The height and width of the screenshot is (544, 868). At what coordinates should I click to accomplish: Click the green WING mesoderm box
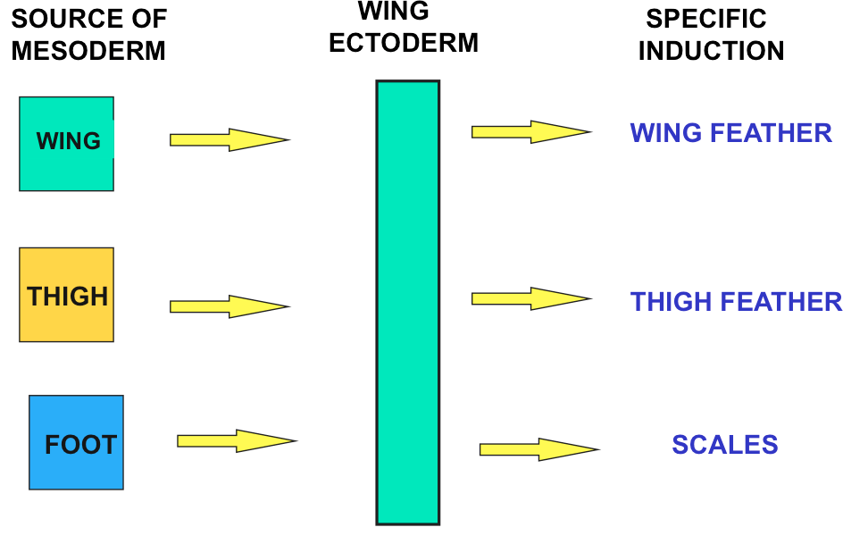(66, 143)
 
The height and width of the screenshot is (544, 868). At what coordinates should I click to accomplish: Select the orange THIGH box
(66, 295)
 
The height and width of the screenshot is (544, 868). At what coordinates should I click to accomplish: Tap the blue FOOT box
(76, 443)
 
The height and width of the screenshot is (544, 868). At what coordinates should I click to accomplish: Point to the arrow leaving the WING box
(229, 139)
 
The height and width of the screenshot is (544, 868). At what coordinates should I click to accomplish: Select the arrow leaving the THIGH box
(229, 306)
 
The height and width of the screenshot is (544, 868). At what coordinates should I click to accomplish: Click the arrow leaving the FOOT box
(236, 440)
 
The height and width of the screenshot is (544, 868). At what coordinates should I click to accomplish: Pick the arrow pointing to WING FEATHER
(530, 131)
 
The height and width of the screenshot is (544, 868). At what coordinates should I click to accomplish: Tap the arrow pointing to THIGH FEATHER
(530, 298)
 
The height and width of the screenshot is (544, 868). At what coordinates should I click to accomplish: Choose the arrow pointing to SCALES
(538, 448)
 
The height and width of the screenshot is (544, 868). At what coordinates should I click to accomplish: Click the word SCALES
(724, 445)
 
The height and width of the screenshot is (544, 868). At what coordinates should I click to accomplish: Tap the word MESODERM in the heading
(88, 50)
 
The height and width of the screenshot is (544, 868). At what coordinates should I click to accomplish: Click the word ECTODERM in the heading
(404, 43)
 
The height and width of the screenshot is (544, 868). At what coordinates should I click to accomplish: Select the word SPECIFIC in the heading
(706, 19)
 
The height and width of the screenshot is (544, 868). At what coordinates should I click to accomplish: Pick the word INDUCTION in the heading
(711, 50)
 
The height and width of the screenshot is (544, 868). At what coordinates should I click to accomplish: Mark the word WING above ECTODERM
(393, 12)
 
